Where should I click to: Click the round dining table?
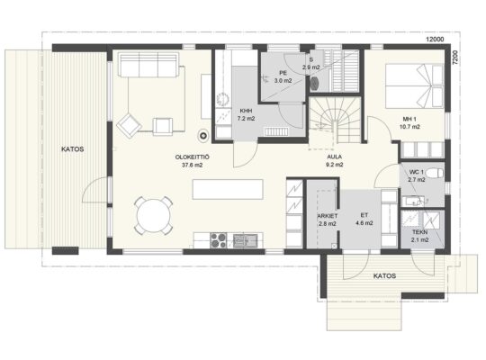[153, 215]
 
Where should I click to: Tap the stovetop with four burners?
[219, 240]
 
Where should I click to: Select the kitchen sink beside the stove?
[245, 240]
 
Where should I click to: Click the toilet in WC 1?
[434, 173]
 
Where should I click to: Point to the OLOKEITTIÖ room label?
[193, 157]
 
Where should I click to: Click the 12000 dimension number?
[435, 40]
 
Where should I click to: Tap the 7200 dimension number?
[454, 58]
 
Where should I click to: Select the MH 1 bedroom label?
[409, 119]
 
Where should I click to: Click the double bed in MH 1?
[414, 85]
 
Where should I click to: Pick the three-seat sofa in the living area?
[148, 65]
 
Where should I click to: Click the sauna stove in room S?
[315, 83]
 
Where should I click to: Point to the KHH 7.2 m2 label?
[246, 114]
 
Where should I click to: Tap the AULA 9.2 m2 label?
[335, 160]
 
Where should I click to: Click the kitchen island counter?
[228, 189]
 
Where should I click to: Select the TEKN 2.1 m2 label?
[420, 236]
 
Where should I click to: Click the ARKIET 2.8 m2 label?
[328, 220]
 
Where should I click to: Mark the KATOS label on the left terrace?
[73, 149]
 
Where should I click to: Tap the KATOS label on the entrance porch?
[384, 276]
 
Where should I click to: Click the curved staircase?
[336, 120]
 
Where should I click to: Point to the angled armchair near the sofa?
[130, 125]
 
